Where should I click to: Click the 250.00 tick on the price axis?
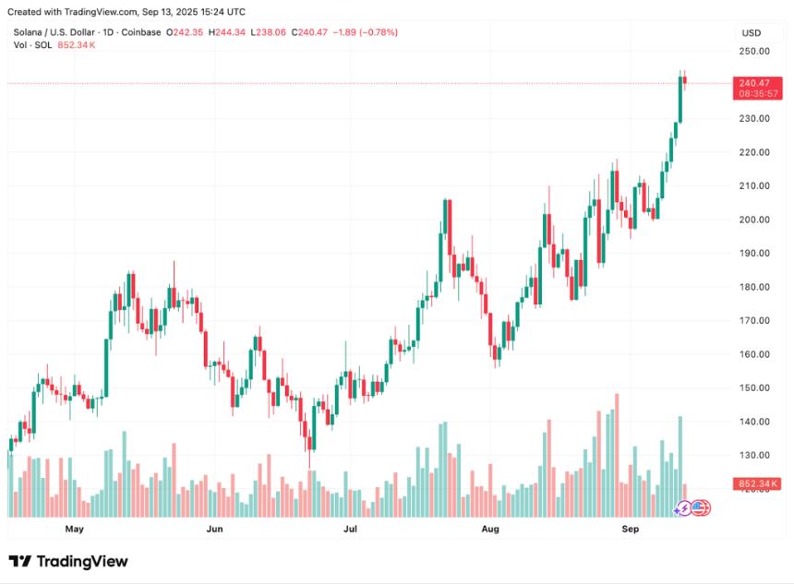coord(753,51)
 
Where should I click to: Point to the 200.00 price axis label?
coord(753,220)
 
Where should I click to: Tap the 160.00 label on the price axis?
coord(753,354)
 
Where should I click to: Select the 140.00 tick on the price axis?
coord(753,422)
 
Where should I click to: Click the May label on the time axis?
coord(75,530)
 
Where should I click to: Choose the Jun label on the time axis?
coord(214,530)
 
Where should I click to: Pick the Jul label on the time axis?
coord(350,530)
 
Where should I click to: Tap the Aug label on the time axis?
coord(490,530)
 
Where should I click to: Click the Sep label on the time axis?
coord(630,530)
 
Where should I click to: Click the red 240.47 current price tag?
coord(753,83)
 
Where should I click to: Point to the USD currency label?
coord(751,32)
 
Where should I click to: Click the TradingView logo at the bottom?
coord(68,561)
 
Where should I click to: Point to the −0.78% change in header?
coord(377,32)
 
